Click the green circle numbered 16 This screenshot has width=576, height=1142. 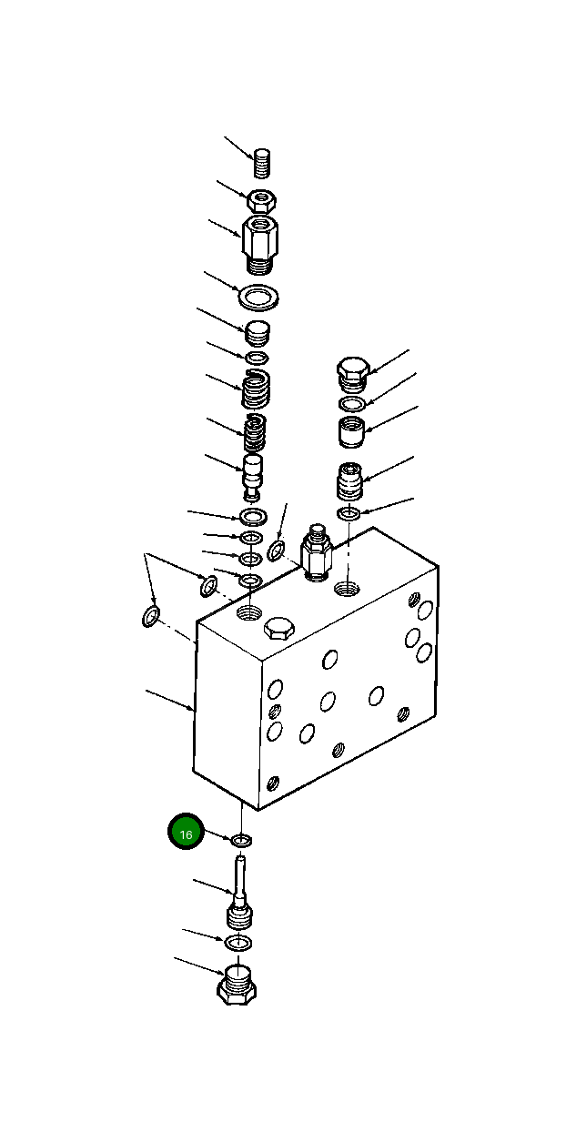[x=186, y=833]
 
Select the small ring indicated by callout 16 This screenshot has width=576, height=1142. [x=242, y=839]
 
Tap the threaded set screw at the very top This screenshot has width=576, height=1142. [x=264, y=165]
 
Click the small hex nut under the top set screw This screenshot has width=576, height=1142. [x=262, y=199]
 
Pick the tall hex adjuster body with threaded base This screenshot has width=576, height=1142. [x=261, y=241]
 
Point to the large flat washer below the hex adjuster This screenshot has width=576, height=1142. [x=257, y=297]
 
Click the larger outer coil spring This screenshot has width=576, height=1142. [x=256, y=389]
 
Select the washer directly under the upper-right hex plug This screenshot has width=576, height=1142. [x=352, y=403]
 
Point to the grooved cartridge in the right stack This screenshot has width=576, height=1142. [x=350, y=480]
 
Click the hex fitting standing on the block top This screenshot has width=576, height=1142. [x=315, y=552]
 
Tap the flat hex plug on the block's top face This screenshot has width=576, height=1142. [x=278, y=628]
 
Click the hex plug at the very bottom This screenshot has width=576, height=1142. [x=237, y=985]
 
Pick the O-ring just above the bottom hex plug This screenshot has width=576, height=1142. [x=238, y=941]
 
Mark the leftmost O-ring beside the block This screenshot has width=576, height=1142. [x=151, y=619]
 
